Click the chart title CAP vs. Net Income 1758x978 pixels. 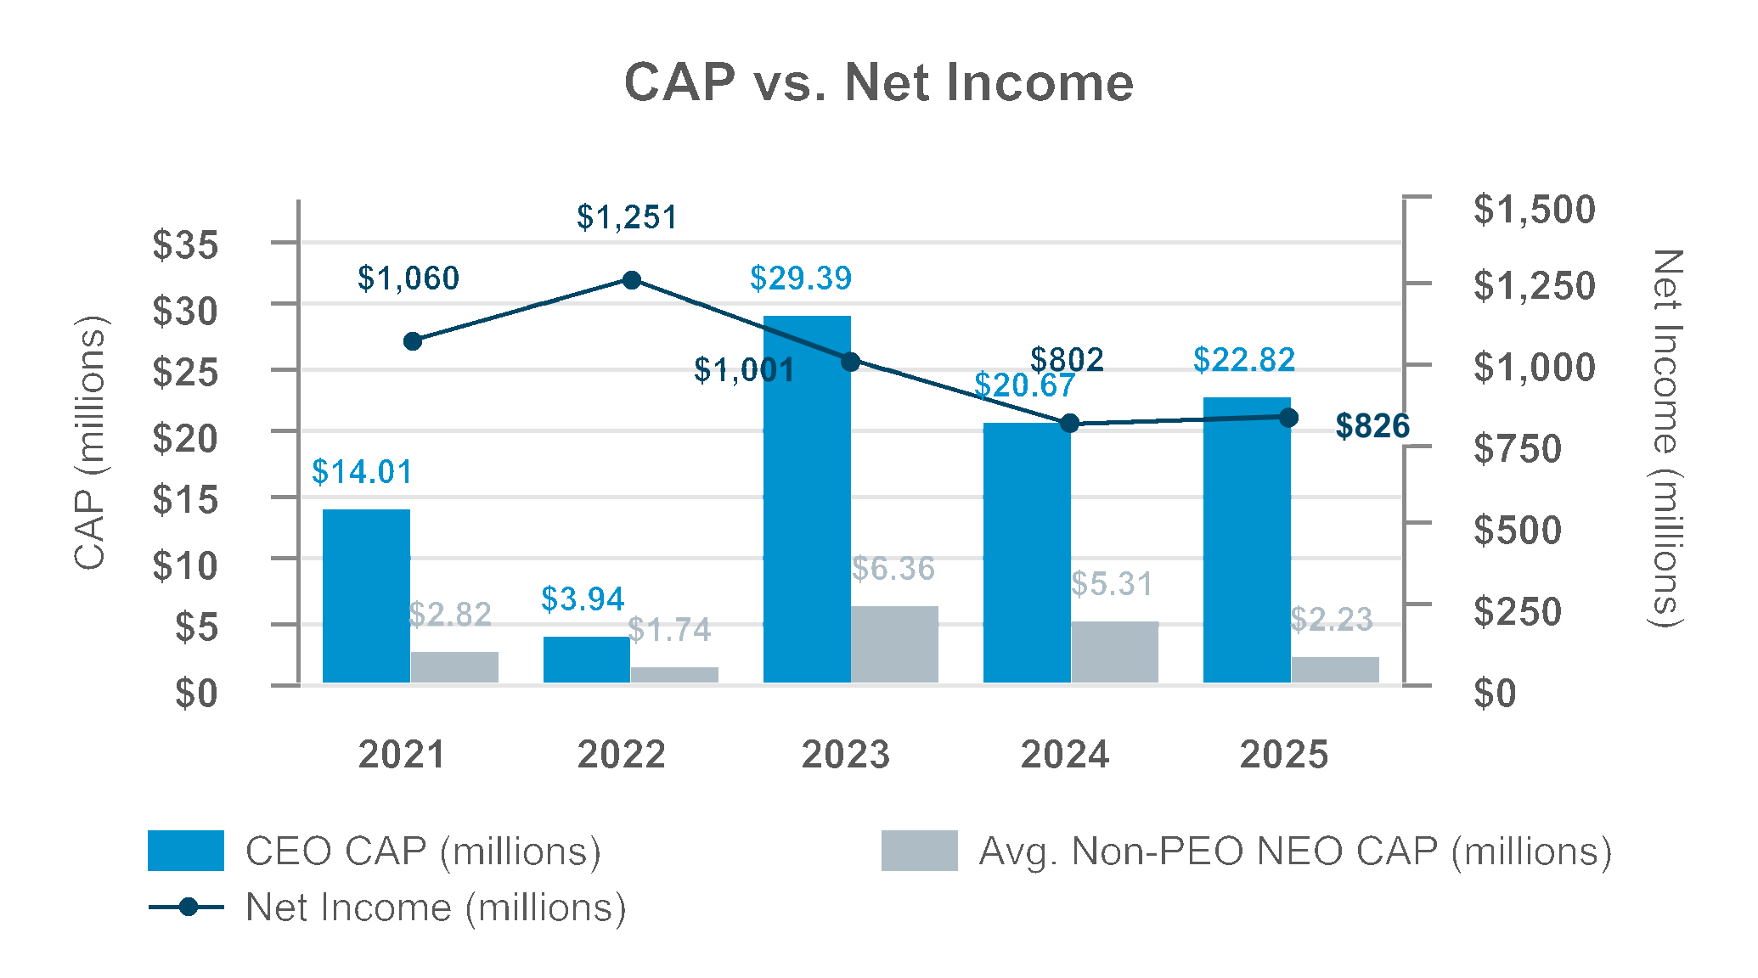pos(878,83)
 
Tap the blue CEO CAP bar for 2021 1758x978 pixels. pos(366,596)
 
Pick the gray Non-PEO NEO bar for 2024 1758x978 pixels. pos(1114,652)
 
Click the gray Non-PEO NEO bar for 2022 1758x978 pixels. pos(674,675)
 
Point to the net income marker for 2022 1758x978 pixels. pos(632,280)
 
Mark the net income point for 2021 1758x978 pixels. pos(413,341)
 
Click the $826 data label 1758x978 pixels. pos(1372,426)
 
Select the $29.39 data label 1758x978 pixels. pos(800,278)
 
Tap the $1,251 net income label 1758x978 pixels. pos(627,217)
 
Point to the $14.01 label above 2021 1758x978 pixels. pos(362,472)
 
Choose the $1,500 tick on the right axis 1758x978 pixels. pos(1534,210)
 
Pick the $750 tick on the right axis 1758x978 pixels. pos(1517,448)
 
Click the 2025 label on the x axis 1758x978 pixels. pos(1283,754)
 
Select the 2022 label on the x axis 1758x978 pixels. pos(621,754)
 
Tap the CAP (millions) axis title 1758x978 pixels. pos(90,442)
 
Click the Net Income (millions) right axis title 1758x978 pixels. pos(1666,438)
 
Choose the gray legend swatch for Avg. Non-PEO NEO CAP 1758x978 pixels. pos(919,851)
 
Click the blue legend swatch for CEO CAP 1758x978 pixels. pos(186,851)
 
